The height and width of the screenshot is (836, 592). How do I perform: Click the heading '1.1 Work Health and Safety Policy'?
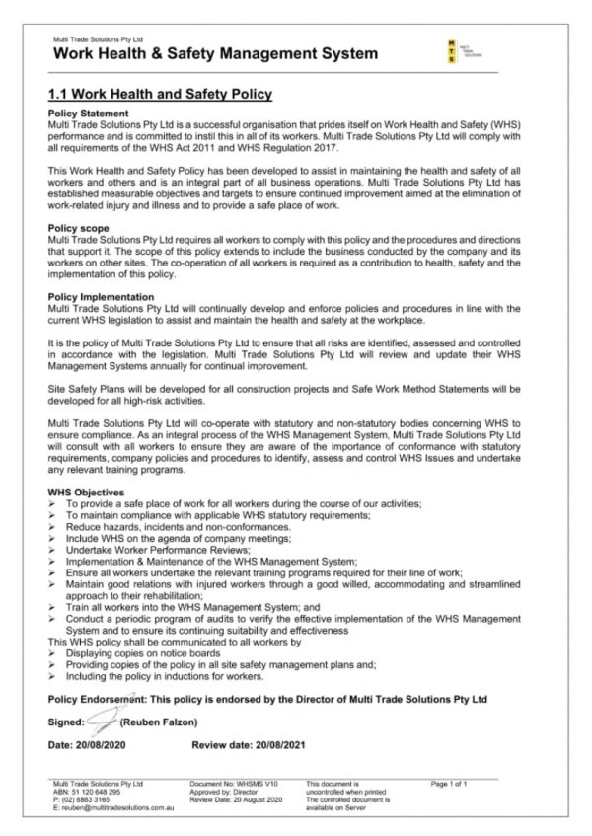click(x=160, y=95)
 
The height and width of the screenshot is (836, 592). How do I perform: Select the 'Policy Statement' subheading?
click(x=87, y=115)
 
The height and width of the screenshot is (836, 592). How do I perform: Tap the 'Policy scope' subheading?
click(x=78, y=228)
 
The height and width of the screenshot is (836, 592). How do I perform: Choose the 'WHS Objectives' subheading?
click(x=86, y=491)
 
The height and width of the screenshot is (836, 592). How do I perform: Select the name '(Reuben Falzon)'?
click(x=155, y=721)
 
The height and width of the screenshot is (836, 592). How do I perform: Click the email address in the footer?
click(x=110, y=807)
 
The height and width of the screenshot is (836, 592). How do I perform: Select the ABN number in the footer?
click(x=88, y=792)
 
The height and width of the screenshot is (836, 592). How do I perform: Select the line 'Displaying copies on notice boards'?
click(x=144, y=652)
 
